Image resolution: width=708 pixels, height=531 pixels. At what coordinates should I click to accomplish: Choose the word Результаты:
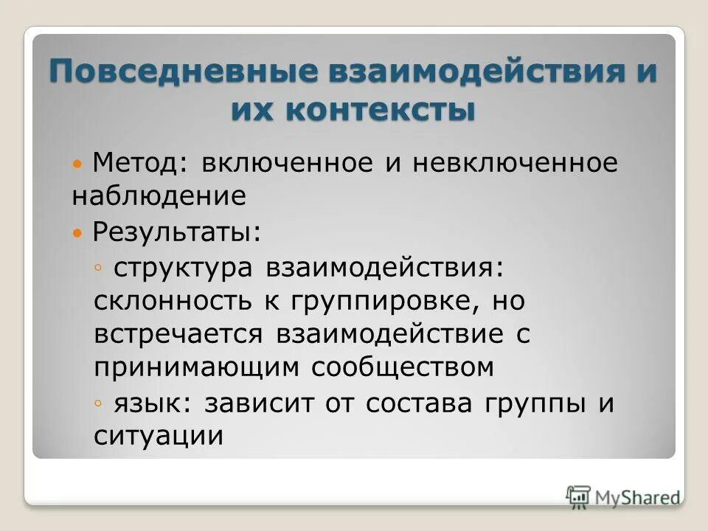coord(176,232)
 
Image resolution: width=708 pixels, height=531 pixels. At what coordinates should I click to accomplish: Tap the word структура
coord(180,268)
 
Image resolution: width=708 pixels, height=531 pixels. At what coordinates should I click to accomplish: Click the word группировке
coord(376,302)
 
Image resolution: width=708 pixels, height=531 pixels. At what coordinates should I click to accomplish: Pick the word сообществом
coord(401,367)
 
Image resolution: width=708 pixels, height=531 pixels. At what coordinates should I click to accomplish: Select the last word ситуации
coord(158,436)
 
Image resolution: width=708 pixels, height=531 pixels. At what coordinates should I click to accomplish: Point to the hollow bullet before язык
coord(100,403)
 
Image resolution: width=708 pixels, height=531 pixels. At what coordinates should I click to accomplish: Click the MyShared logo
coord(623,496)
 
